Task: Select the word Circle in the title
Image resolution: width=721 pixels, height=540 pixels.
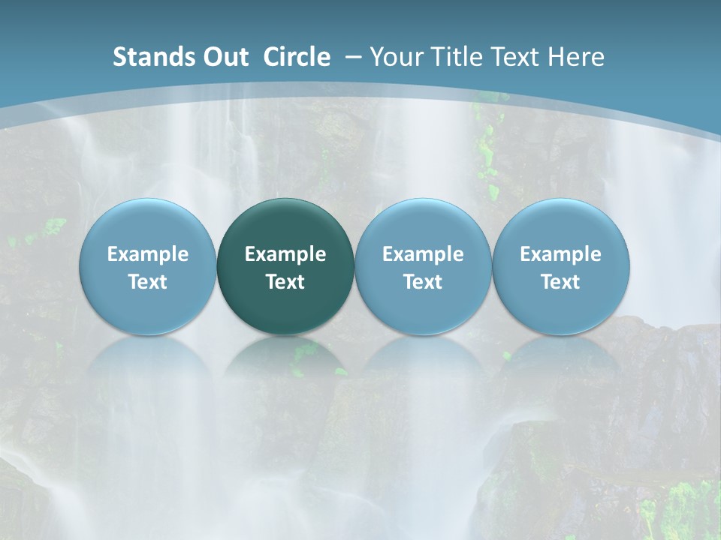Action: click(x=297, y=57)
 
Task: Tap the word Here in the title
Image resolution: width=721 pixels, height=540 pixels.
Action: click(x=575, y=57)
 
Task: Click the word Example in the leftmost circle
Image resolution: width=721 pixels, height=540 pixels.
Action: click(x=148, y=254)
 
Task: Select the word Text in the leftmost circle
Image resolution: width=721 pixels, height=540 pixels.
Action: click(x=148, y=282)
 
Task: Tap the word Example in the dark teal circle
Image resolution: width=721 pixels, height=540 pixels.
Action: click(x=285, y=254)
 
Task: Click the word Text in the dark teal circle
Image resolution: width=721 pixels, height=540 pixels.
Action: click(x=285, y=282)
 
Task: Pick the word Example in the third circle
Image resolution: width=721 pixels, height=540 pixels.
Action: click(x=423, y=254)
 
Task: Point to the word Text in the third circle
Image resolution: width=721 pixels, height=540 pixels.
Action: click(x=423, y=282)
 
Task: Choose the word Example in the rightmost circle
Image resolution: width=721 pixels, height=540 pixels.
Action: click(x=560, y=254)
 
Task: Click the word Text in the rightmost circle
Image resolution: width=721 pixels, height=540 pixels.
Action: click(x=560, y=282)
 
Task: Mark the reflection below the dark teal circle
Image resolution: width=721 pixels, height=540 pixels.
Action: click(x=285, y=375)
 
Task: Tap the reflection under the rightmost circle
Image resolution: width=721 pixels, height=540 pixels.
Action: click(x=560, y=375)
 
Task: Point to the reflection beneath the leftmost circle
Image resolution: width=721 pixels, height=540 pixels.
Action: click(x=148, y=375)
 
